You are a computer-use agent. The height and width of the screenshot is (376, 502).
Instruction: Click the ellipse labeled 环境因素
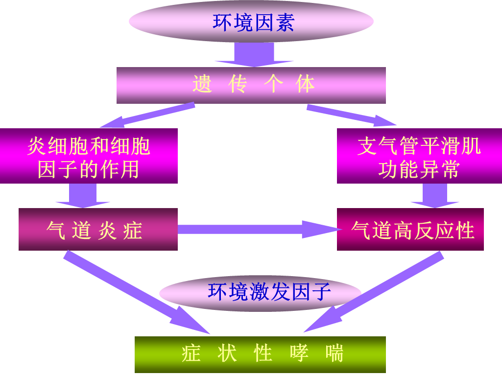251,22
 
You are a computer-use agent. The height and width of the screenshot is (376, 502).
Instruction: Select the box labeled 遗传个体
251,85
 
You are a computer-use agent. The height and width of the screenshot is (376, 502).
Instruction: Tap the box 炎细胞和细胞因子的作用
89,156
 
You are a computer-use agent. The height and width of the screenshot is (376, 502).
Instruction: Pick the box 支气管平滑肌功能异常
419,156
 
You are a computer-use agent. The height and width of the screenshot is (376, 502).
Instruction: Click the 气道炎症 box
98,229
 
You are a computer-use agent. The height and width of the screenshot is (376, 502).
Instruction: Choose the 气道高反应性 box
410,229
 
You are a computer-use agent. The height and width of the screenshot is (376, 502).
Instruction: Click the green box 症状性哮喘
260,354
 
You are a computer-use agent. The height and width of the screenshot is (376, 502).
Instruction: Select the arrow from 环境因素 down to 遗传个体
253,55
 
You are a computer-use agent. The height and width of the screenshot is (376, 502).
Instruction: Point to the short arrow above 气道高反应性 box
435,195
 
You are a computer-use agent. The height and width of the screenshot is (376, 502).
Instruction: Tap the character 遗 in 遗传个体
201,85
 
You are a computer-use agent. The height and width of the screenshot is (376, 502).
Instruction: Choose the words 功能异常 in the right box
419,170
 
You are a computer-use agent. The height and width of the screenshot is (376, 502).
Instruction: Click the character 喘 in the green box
335,353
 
